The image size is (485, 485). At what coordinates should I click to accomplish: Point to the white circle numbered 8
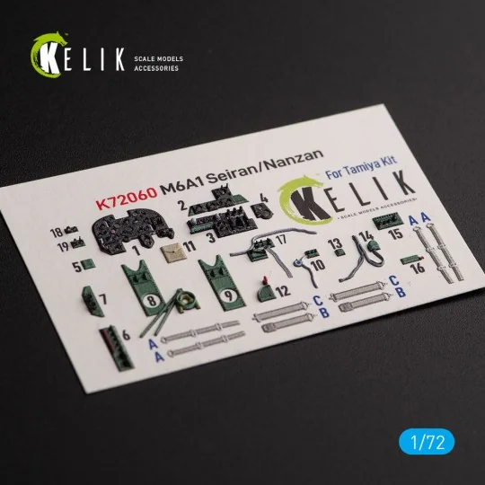pyautogui.click(x=154, y=302)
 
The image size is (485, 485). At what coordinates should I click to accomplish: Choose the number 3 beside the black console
pyautogui.click(x=209, y=240)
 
